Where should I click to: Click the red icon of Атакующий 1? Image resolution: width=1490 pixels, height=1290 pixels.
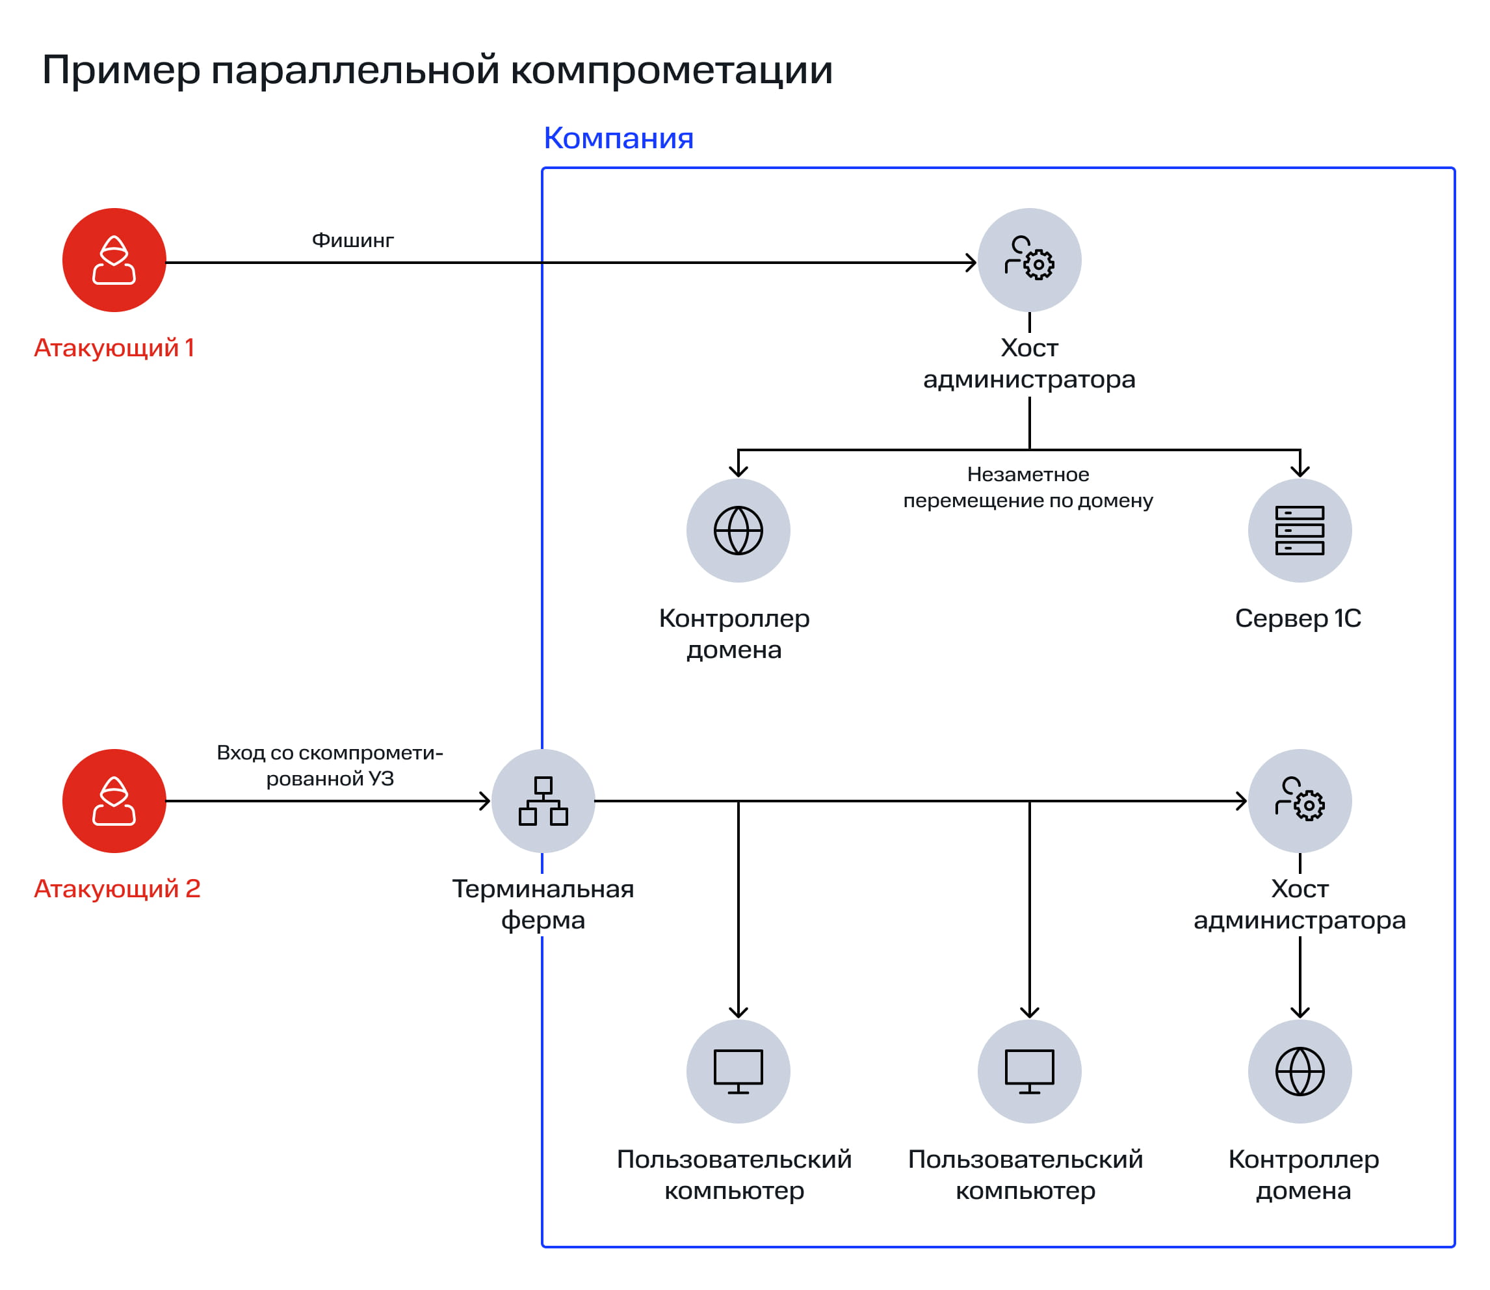[114, 260]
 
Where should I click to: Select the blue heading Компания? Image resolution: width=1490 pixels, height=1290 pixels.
[618, 138]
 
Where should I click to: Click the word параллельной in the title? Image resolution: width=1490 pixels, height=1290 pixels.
[356, 70]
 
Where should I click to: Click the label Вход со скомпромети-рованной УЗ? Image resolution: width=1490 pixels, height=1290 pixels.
[330, 765]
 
